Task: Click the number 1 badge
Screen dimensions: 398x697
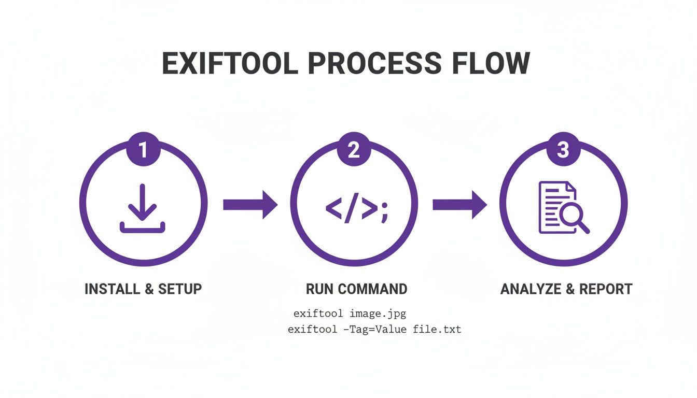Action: click(x=143, y=150)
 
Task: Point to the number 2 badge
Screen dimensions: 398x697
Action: click(x=353, y=150)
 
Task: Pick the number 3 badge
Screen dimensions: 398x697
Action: click(x=563, y=150)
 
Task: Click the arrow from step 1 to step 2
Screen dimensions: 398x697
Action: click(x=250, y=205)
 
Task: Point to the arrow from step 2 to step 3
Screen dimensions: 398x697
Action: click(x=459, y=205)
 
